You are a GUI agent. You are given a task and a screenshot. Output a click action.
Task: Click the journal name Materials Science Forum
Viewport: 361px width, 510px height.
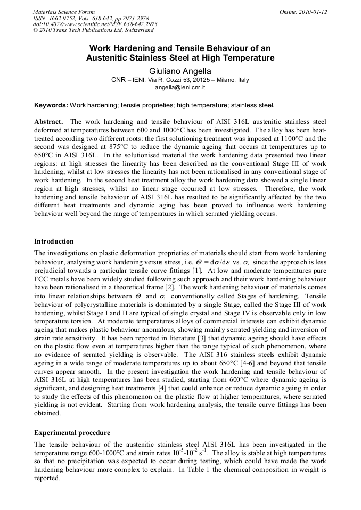pyautogui.click(x=64, y=12)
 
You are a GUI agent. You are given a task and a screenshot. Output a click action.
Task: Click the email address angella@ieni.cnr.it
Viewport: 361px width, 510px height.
pyautogui.click(x=180, y=87)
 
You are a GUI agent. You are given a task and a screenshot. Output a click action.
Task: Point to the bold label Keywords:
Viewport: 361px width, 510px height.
pyautogui.click(x=51, y=105)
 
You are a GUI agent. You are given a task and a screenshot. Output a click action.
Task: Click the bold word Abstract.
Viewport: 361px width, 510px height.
pyautogui.click(x=49, y=122)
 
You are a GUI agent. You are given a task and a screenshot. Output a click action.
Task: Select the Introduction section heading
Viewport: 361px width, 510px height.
pyautogui.click(x=54, y=241)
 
